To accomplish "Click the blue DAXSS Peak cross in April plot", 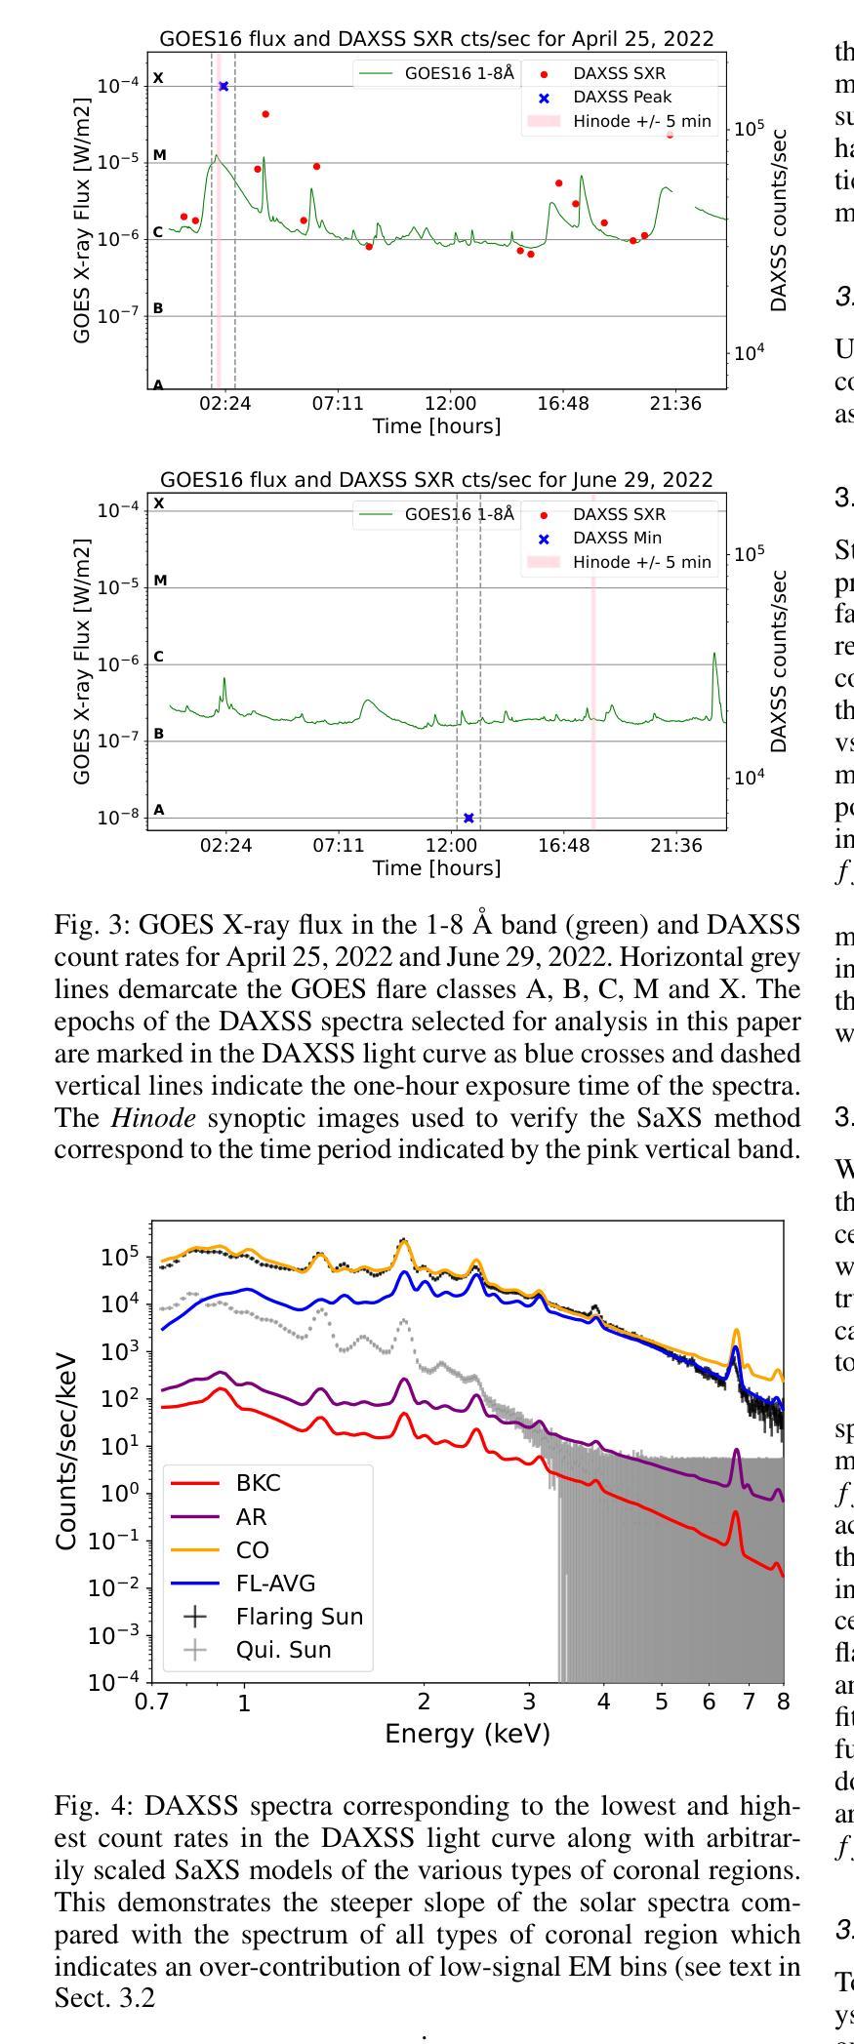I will (x=224, y=86).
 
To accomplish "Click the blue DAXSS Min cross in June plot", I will (x=468, y=818).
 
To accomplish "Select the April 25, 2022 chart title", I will (x=436, y=39).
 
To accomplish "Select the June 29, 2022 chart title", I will (x=436, y=480).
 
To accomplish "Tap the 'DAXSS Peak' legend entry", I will (x=622, y=98).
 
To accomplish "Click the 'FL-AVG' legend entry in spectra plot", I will (x=275, y=1583).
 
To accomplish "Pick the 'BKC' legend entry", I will (x=258, y=1483).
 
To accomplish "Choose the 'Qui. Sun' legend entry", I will (x=283, y=1649).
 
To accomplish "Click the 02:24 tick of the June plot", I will (x=225, y=844).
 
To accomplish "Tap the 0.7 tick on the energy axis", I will (x=152, y=1703).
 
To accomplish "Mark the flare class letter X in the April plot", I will (x=159, y=78).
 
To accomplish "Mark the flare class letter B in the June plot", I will (x=159, y=734).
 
